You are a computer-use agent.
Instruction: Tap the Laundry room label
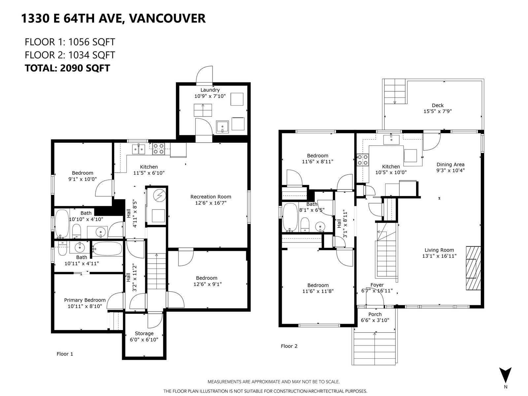click(210, 90)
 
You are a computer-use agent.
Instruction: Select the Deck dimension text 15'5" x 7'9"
click(438, 111)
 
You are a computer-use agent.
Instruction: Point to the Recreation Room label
click(211, 197)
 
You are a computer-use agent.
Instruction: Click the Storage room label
click(144, 334)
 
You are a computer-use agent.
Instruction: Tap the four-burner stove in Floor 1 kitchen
click(158, 149)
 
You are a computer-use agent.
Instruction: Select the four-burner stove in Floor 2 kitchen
click(362, 160)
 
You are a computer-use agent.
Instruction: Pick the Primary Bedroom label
click(85, 300)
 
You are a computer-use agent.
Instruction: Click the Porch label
click(375, 314)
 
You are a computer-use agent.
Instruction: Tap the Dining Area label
click(450, 164)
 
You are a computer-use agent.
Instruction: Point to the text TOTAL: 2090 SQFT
click(67, 68)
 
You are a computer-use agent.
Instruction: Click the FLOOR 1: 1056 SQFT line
click(70, 42)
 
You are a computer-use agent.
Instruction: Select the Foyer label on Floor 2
click(377, 285)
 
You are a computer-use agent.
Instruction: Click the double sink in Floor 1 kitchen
click(139, 149)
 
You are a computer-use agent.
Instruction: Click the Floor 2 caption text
click(289, 346)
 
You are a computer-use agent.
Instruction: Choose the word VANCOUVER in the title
click(167, 18)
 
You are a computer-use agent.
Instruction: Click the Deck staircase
click(394, 91)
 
